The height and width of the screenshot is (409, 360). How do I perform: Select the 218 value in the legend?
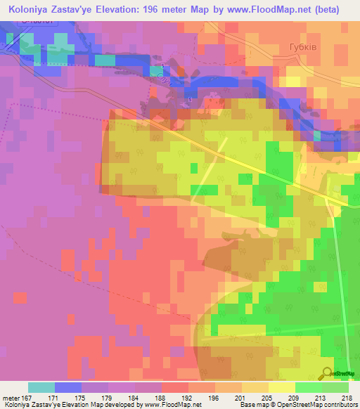point(347,397)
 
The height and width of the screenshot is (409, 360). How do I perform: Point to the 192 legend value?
point(186,397)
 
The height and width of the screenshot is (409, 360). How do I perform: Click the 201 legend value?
point(240,397)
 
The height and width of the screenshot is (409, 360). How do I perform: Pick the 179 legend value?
point(106,397)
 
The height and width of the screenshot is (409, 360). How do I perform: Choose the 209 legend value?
point(293,397)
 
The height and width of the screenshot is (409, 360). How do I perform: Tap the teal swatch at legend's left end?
point(41,387)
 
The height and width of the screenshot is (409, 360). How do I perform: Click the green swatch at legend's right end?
point(335,387)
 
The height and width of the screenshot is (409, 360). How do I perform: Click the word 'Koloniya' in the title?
point(32,10)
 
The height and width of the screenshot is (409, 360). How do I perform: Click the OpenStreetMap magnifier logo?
point(328,372)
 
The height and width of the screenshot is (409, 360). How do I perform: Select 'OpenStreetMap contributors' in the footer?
point(321,405)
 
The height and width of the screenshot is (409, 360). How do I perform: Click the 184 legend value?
point(133,397)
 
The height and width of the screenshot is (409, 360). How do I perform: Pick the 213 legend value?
point(320,397)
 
